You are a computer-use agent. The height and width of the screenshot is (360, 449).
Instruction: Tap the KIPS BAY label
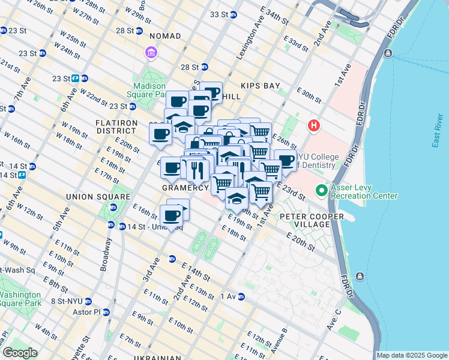coord(261,86)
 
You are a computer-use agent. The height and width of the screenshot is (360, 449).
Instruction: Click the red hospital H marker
coord(313,126)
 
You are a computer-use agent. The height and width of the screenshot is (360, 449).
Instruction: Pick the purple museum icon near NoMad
coord(151,53)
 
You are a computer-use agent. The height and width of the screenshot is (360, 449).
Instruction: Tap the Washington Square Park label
coord(20,299)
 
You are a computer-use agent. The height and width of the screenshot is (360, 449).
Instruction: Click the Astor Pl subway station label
coord(89,312)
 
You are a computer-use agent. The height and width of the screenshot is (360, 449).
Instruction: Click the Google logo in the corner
coord(20,353)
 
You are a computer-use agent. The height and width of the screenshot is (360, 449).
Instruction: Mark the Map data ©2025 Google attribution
coord(412,355)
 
